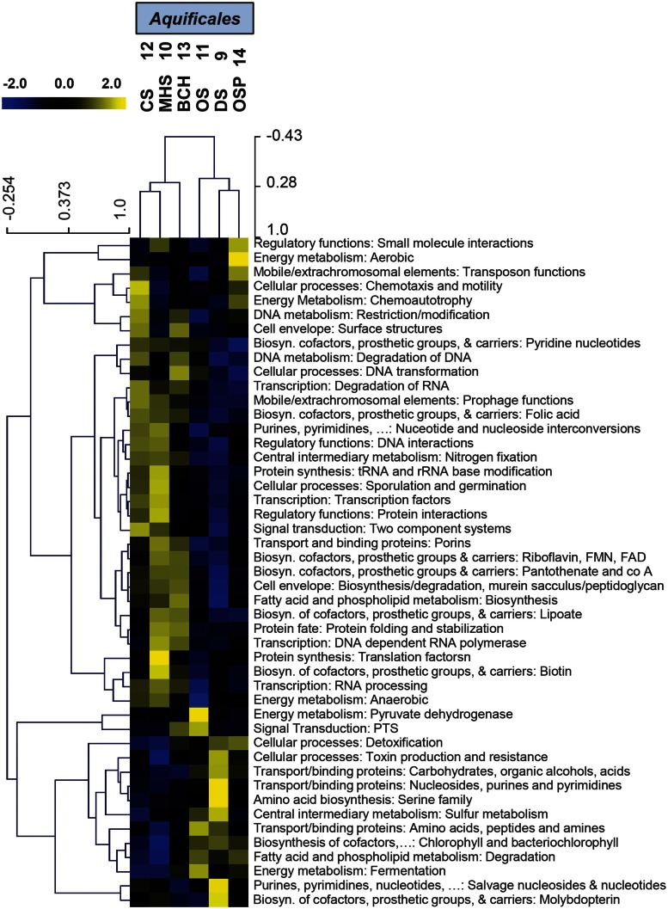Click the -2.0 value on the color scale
pyautogui.click(x=17, y=84)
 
